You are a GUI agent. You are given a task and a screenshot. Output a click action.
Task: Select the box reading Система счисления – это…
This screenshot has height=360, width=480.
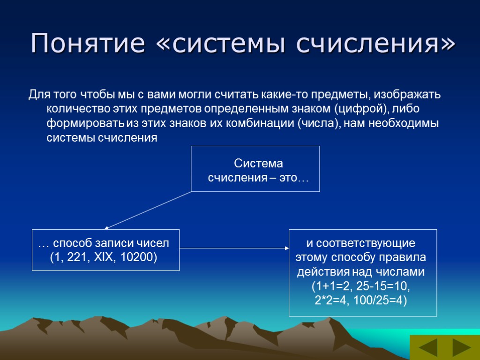point(255,169)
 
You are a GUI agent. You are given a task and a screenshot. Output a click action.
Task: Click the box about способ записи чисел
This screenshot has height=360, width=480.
point(105,250)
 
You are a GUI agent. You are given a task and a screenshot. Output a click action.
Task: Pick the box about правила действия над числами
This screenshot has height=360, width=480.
point(362,272)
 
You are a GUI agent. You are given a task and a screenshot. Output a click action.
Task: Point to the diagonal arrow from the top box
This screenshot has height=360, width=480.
point(148,210)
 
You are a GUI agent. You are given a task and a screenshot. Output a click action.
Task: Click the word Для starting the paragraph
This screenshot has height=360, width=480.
point(37,95)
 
